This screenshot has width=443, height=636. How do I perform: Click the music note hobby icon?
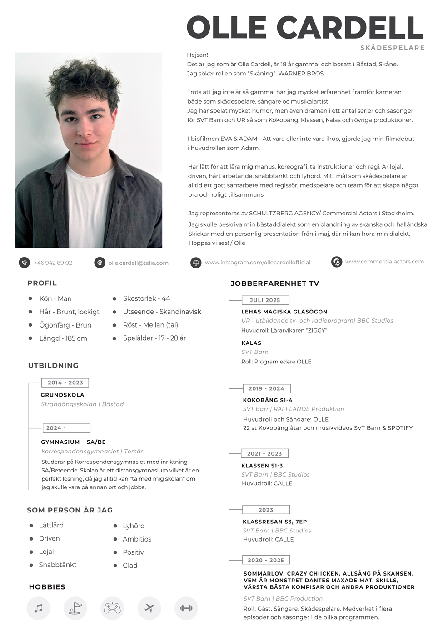39,608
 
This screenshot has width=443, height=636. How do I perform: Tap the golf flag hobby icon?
75,608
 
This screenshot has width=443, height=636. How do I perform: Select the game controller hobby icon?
112,608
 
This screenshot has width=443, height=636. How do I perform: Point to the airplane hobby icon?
149,608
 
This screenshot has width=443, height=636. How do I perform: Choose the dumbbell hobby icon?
186,608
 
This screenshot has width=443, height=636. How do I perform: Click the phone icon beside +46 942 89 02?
24,263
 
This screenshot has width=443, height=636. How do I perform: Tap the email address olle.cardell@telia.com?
138,263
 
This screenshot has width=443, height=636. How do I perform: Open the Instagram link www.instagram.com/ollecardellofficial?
258,263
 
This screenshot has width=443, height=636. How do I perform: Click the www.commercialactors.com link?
384,262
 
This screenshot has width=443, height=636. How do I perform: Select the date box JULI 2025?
265,300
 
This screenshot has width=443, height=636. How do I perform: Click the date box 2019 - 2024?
266,388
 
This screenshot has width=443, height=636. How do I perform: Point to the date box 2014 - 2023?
65,383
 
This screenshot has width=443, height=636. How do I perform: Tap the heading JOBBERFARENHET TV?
275,283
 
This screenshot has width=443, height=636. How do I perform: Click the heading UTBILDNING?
53,365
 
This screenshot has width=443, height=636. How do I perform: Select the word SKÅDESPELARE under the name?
392,48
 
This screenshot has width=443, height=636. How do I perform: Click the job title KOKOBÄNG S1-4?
268,400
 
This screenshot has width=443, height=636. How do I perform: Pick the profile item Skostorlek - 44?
146,298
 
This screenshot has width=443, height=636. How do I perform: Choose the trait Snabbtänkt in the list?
58,565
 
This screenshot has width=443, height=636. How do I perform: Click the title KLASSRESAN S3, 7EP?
275,522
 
